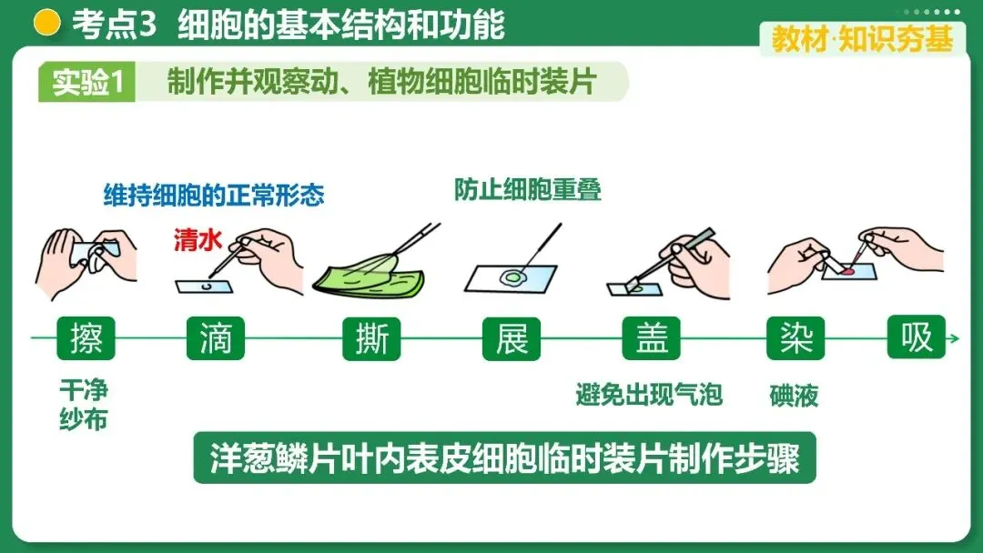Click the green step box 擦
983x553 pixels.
coord(86,338)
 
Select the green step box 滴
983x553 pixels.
coord(216,338)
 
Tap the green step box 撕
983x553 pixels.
coord(371,339)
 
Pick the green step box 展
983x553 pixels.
coord(512,339)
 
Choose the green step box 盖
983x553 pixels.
coord(652,338)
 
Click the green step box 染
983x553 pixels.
coord(796,338)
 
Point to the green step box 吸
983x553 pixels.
coord(917,337)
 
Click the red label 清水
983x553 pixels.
coord(198,240)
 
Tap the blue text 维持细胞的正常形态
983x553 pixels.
coord(214,195)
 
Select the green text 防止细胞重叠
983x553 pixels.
coord(528,189)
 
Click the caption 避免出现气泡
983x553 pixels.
coord(649,395)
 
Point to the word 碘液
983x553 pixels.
coord(794,396)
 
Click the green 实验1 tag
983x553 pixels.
coord(87,82)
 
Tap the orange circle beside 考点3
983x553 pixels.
coord(47,23)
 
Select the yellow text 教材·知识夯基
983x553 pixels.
coord(862,39)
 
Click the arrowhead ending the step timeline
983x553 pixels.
coord(954,338)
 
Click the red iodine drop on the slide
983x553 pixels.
coord(847,272)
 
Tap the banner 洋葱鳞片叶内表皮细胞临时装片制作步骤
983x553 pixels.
coord(504,457)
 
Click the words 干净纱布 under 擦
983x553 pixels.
coord(84,405)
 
